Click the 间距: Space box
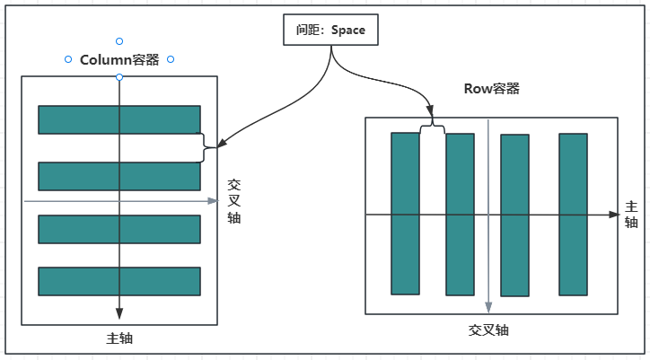(x=331, y=30)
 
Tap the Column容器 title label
(x=119, y=60)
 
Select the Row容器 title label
(x=491, y=88)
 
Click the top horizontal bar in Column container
(x=119, y=119)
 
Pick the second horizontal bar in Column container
(x=119, y=176)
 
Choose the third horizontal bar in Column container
(x=119, y=229)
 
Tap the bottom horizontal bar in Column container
(x=119, y=281)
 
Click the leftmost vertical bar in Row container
(x=405, y=214)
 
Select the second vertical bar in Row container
(x=460, y=215)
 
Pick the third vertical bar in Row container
(x=514, y=215)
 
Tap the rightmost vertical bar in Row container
(x=573, y=215)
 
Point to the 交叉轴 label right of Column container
(x=233, y=200)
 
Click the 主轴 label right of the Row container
(x=631, y=214)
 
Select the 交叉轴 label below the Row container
(x=487, y=329)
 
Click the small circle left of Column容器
(x=68, y=60)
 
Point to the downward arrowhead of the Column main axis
(x=119, y=313)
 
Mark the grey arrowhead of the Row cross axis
(x=487, y=307)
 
